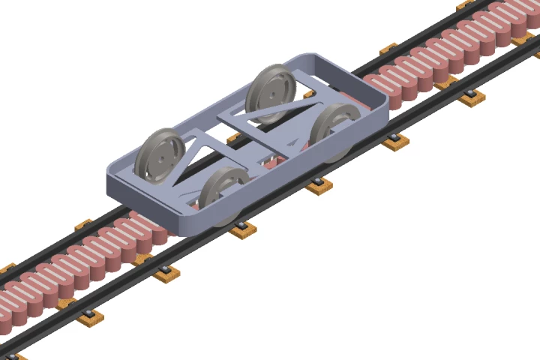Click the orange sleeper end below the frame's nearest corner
242,231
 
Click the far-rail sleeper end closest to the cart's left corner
82,223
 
